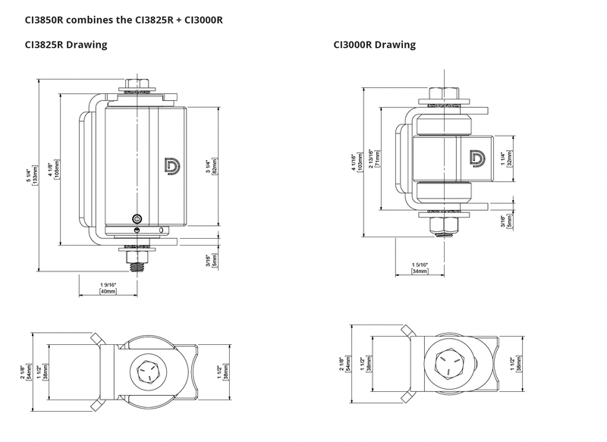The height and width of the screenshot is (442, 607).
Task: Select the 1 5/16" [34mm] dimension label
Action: tap(420, 267)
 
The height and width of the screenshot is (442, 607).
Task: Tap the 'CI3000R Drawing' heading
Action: tap(375, 45)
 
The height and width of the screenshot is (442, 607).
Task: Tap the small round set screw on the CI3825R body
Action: tap(136, 215)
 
